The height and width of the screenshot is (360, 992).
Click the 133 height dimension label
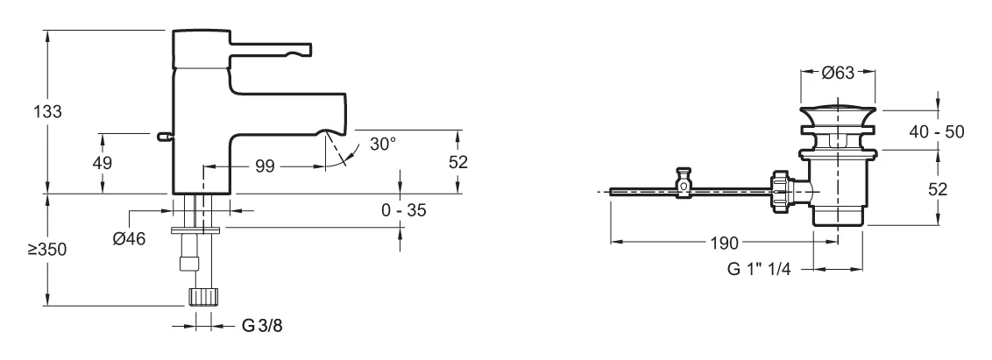47,112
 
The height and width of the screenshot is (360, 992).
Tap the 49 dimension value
102,163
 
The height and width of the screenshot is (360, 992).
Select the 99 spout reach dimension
265,166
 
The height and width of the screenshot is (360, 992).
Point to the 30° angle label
383,145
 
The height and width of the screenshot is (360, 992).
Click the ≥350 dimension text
46,250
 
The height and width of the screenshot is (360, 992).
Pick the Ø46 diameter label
129,238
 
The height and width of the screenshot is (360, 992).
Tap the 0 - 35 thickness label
404,210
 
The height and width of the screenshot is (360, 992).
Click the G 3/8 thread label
262,326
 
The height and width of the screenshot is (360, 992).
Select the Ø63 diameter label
838,73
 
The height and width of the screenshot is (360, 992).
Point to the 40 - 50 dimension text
936,131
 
